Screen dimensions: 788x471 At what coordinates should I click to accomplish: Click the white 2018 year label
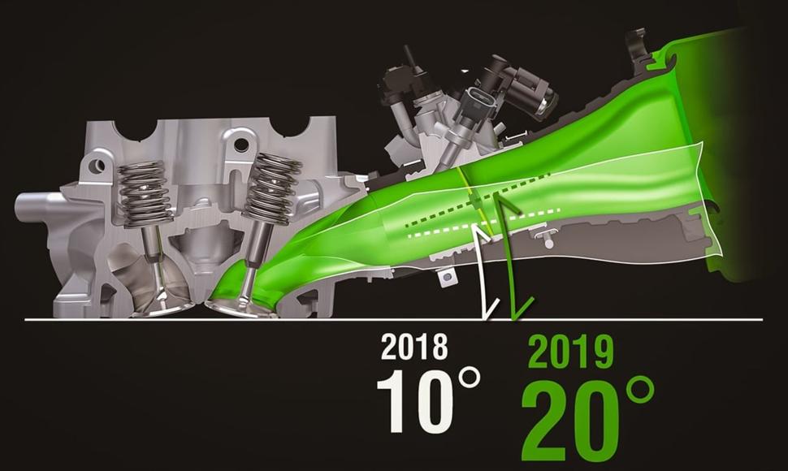pos(414,347)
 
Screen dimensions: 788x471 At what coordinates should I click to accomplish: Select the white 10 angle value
pos(414,401)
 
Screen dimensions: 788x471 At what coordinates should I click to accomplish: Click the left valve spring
pos(142,193)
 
